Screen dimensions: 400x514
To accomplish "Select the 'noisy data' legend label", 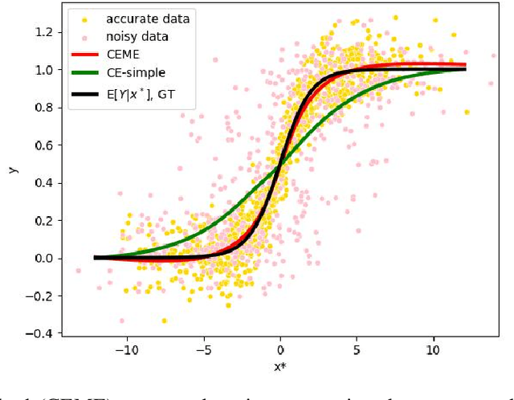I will pyautogui.click(x=135, y=37).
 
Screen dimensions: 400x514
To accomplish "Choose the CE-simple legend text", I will pyautogui.click(x=133, y=75).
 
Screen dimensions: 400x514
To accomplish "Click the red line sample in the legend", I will pyautogui.click(x=82, y=55).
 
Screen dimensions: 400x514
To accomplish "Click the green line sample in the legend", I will pyautogui.click(x=82, y=75).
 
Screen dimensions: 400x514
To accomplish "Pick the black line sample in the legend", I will pyautogui.click(x=82, y=94).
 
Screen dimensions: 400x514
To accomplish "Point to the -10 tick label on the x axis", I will pyautogui.click(x=126, y=351).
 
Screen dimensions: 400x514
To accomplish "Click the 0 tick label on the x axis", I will pyautogui.click(x=280, y=351).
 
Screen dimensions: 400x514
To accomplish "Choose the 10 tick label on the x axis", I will pyautogui.click(x=433, y=351).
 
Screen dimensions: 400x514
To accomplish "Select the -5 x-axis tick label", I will pyautogui.click(x=203, y=351).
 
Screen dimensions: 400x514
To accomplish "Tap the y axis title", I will pyautogui.click(x=11, y=169).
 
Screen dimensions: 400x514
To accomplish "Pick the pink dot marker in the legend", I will pyautogui.click(x=82, y=37).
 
